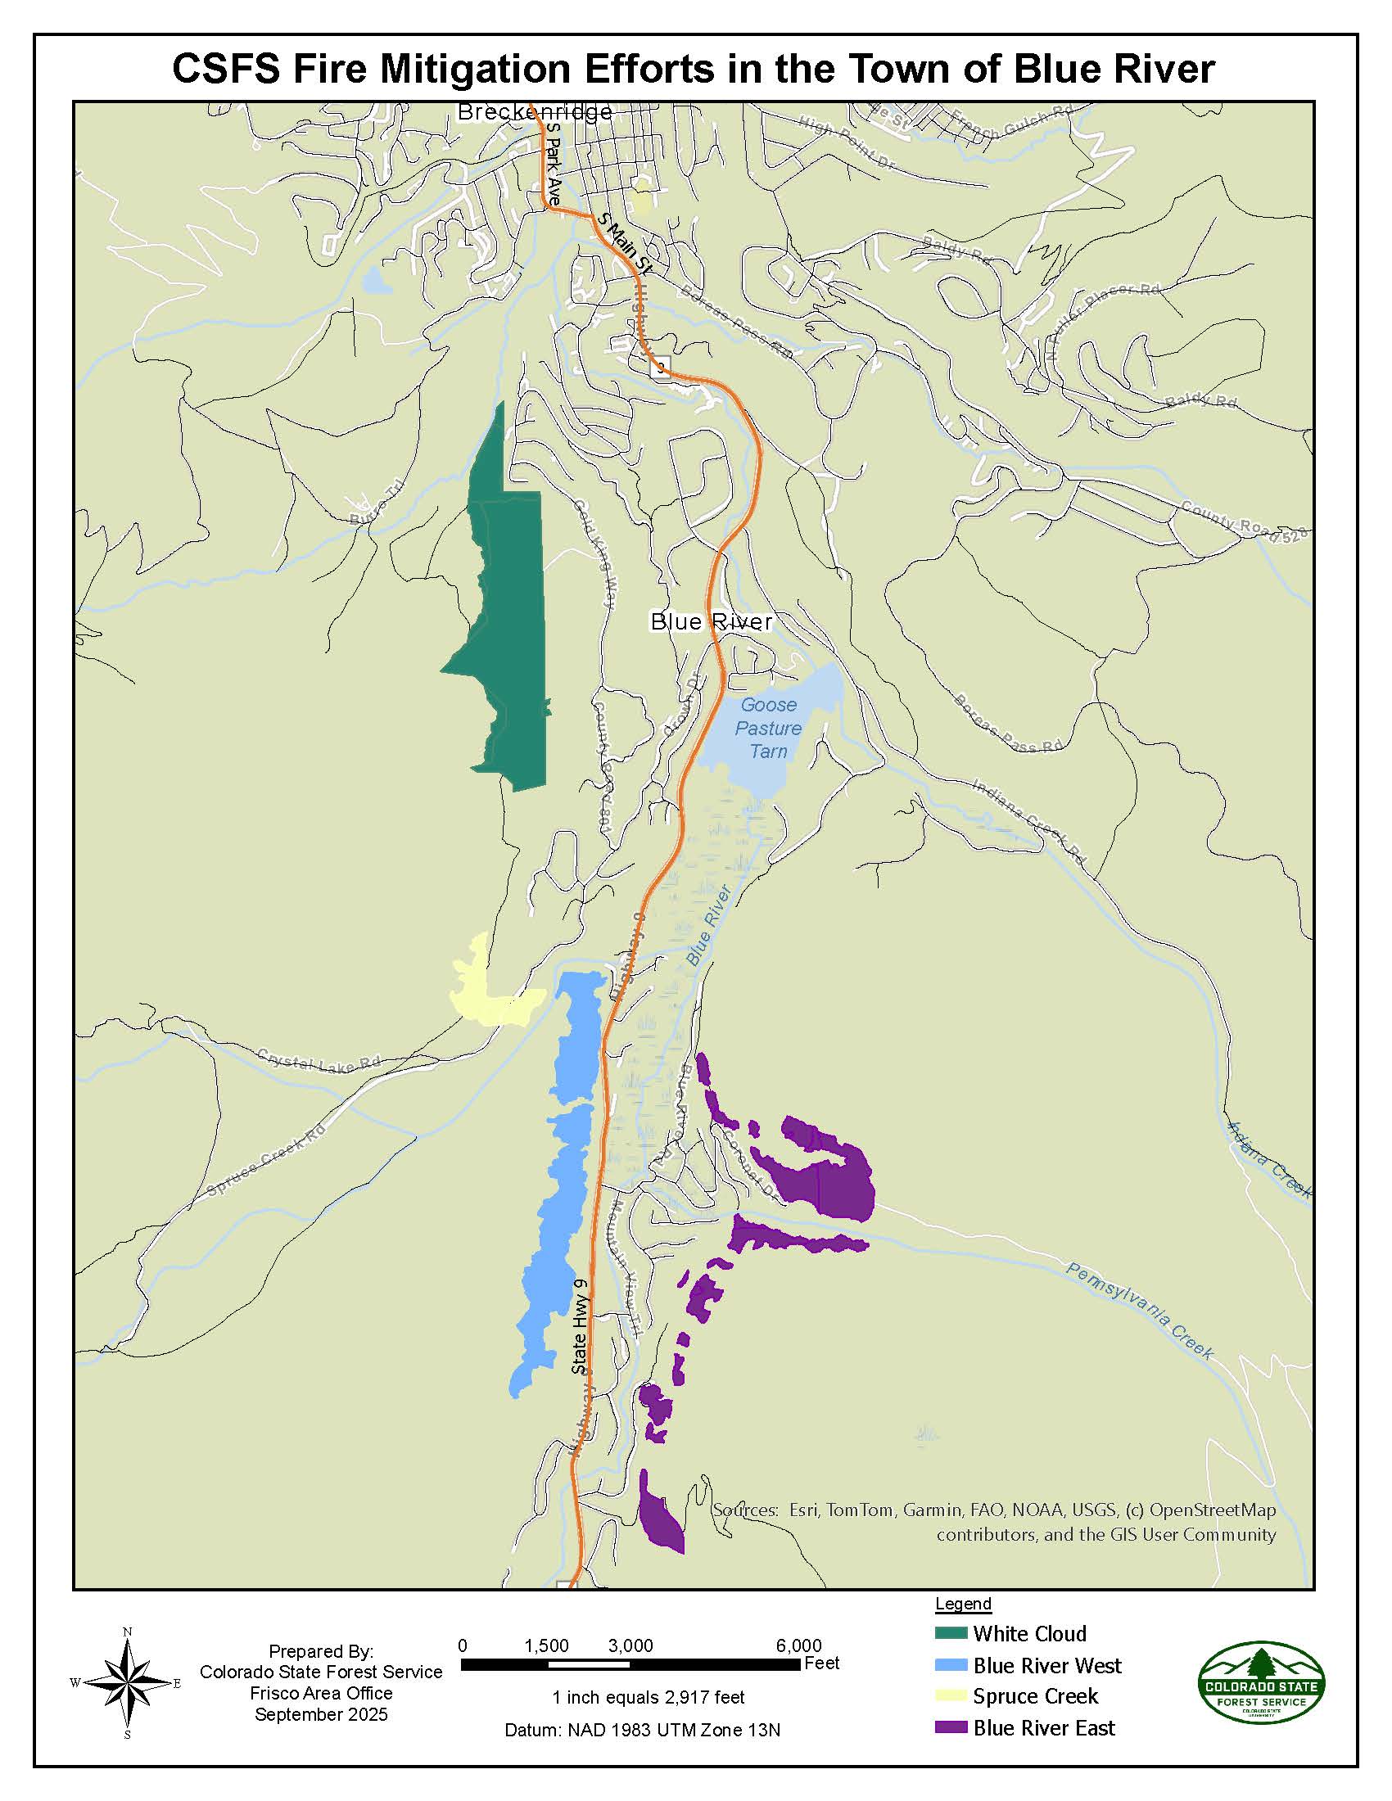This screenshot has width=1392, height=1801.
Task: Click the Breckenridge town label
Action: pos(535,112)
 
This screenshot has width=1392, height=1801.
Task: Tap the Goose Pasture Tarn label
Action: pos(769,728)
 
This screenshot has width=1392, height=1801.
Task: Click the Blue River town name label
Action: pos(711,622)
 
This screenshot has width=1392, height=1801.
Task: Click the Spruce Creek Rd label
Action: pos(265,1161)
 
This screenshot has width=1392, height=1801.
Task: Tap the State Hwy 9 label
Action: pos(579,1327)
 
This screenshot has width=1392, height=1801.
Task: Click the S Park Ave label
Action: pos(553,165)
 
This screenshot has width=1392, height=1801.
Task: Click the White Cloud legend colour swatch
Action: pos(951,1634)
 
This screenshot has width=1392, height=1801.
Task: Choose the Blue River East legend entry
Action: pos(1043,1727)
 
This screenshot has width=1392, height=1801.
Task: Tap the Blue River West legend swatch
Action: pos(951,1665)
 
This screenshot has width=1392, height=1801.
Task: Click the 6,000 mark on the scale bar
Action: pos(798,1646)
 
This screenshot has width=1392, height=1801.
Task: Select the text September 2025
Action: pos(321,1714)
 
